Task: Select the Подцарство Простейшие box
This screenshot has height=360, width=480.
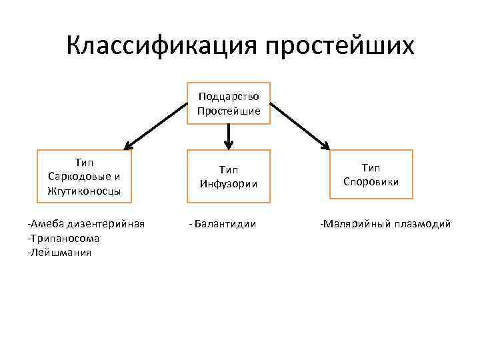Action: coord(229,104)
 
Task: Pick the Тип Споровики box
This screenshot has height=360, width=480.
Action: coord(371,175)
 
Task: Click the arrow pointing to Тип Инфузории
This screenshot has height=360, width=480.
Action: coord(229,137)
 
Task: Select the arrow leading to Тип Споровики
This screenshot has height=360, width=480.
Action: coord(299,124)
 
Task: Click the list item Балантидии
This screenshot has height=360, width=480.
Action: coord(223,223)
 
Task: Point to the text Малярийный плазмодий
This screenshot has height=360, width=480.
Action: coord(385,223)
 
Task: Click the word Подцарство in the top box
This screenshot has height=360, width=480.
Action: coord(229,97)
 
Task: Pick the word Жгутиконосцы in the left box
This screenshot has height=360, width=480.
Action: coord(85,191)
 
